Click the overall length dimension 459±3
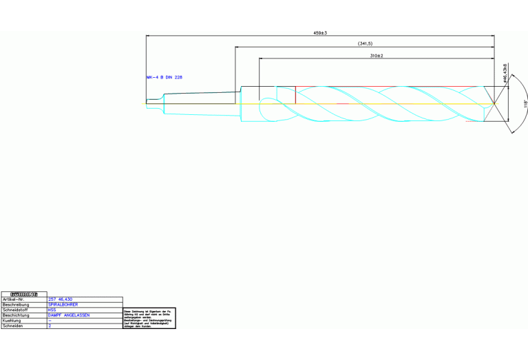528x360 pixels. [319, 32]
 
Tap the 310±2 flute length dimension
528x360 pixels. [376, 55]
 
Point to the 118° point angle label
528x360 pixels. [525, 104]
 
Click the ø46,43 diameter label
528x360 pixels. [506, 72]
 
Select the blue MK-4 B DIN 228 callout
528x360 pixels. [165, 77]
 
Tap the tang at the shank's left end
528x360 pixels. [154, 102]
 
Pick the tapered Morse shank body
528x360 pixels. [203, 104]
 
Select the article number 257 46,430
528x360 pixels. [61, 299]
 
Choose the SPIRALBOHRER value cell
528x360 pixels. [63, 304]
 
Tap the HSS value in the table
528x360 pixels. [52, 310]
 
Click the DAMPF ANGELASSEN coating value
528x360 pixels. [69, 315]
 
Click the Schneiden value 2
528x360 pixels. [50, 326]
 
